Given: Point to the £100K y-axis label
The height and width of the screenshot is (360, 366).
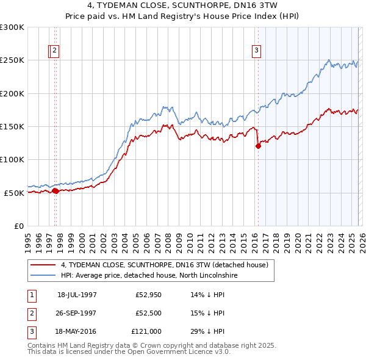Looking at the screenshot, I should pyautogui.click(x=12, y=159).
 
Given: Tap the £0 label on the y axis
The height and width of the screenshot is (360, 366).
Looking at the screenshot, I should pyautogui.click(x=18, y=226).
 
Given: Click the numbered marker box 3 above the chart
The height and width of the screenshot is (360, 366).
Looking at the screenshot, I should pyautogui.click(x=256, y=51).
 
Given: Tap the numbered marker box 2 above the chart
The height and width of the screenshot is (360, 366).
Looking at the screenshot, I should pyautogui.click(x=55, y=51).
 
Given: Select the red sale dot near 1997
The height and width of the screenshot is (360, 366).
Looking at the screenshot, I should pyautogui.click(x=56, y=191).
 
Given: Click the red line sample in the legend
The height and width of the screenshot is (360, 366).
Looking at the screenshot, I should pyautogui.click(x=43, y=265).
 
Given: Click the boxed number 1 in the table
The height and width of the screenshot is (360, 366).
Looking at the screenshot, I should pyautogui.click(x=31, y=295).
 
